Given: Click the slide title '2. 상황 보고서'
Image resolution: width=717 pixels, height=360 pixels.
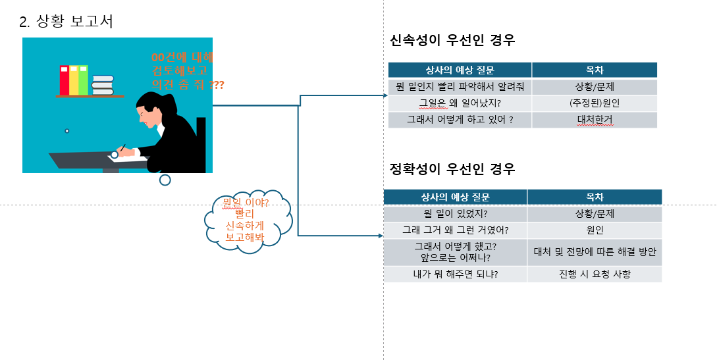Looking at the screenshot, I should pyautogui.click(x=66, y=22).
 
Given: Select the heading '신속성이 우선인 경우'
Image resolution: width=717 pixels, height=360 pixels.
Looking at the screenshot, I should pyautogui.click(x=452, y=40).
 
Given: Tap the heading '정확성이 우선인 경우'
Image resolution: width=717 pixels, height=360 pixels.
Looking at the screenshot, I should pyautogui.click(x=452, y=168).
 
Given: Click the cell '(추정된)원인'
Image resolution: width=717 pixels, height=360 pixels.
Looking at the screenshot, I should pyautogui.click(x=594, y=103).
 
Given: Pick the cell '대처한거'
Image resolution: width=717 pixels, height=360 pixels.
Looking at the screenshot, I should pyautogui.click(x=594, y=120).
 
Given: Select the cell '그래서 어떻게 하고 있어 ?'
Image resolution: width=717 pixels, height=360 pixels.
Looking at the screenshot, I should pyautogui.click(x=460, y=120).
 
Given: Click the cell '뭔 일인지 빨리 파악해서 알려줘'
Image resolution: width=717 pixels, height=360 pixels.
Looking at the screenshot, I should pyautogui.click(x=460, y=87).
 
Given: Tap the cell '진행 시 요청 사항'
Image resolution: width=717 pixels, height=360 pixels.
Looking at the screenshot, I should pyautogui.click(x=594, y=274).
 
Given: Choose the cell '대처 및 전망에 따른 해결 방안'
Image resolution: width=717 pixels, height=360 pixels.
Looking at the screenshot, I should pyautogui.click(x=594, y=252).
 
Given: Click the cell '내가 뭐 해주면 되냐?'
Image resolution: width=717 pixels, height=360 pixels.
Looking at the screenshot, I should pyautogui.click(x=455, y=274).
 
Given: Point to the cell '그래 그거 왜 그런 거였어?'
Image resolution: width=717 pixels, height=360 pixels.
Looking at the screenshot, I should pyautogui.click(x=455, y=230).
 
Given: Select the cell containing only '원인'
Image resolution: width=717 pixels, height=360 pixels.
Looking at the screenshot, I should pyautogui.click(x=594, y=230).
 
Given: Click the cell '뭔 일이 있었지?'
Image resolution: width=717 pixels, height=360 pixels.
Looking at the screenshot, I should pyautogui.click(x=455, y=214).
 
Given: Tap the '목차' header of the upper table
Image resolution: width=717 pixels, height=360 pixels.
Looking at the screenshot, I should pyautogui.click(x=594, y=70).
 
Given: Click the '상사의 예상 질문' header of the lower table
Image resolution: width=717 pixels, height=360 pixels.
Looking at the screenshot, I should pyautogui.click(x=455, y=197).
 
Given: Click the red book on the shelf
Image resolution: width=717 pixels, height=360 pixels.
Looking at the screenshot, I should pyautogui.click(x=65, y=80).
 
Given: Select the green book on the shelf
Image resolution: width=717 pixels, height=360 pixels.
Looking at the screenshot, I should pyautogui.click(x=83, y=80).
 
